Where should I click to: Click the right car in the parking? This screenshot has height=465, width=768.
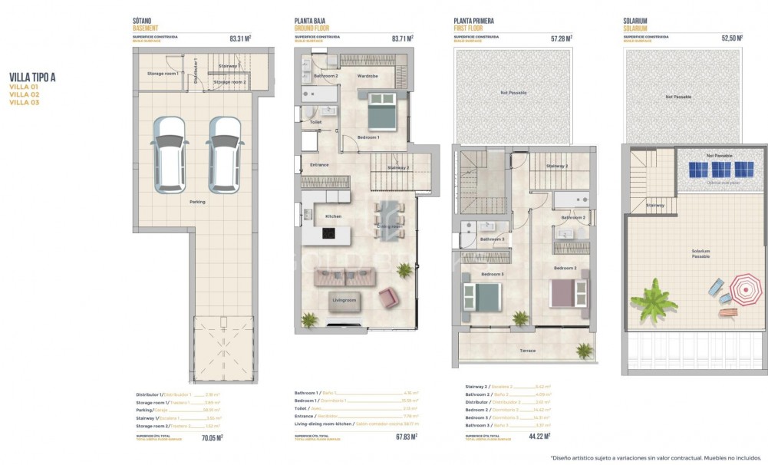pos(224,155)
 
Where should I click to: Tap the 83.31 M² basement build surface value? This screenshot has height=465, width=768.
pos(240,37)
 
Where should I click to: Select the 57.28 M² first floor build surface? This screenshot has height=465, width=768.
pos(562,37)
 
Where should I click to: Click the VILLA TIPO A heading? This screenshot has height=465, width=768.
pos(32,77)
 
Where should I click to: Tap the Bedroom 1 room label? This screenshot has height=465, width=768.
pos(368,137)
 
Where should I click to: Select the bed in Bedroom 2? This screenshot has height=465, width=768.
pos(569,292)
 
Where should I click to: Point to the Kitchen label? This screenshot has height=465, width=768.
pos(333,216)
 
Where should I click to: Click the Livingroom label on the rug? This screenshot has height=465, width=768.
pos(344,300)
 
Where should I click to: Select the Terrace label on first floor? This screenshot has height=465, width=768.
pos(528,351)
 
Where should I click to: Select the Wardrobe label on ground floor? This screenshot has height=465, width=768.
pos(368,76)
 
